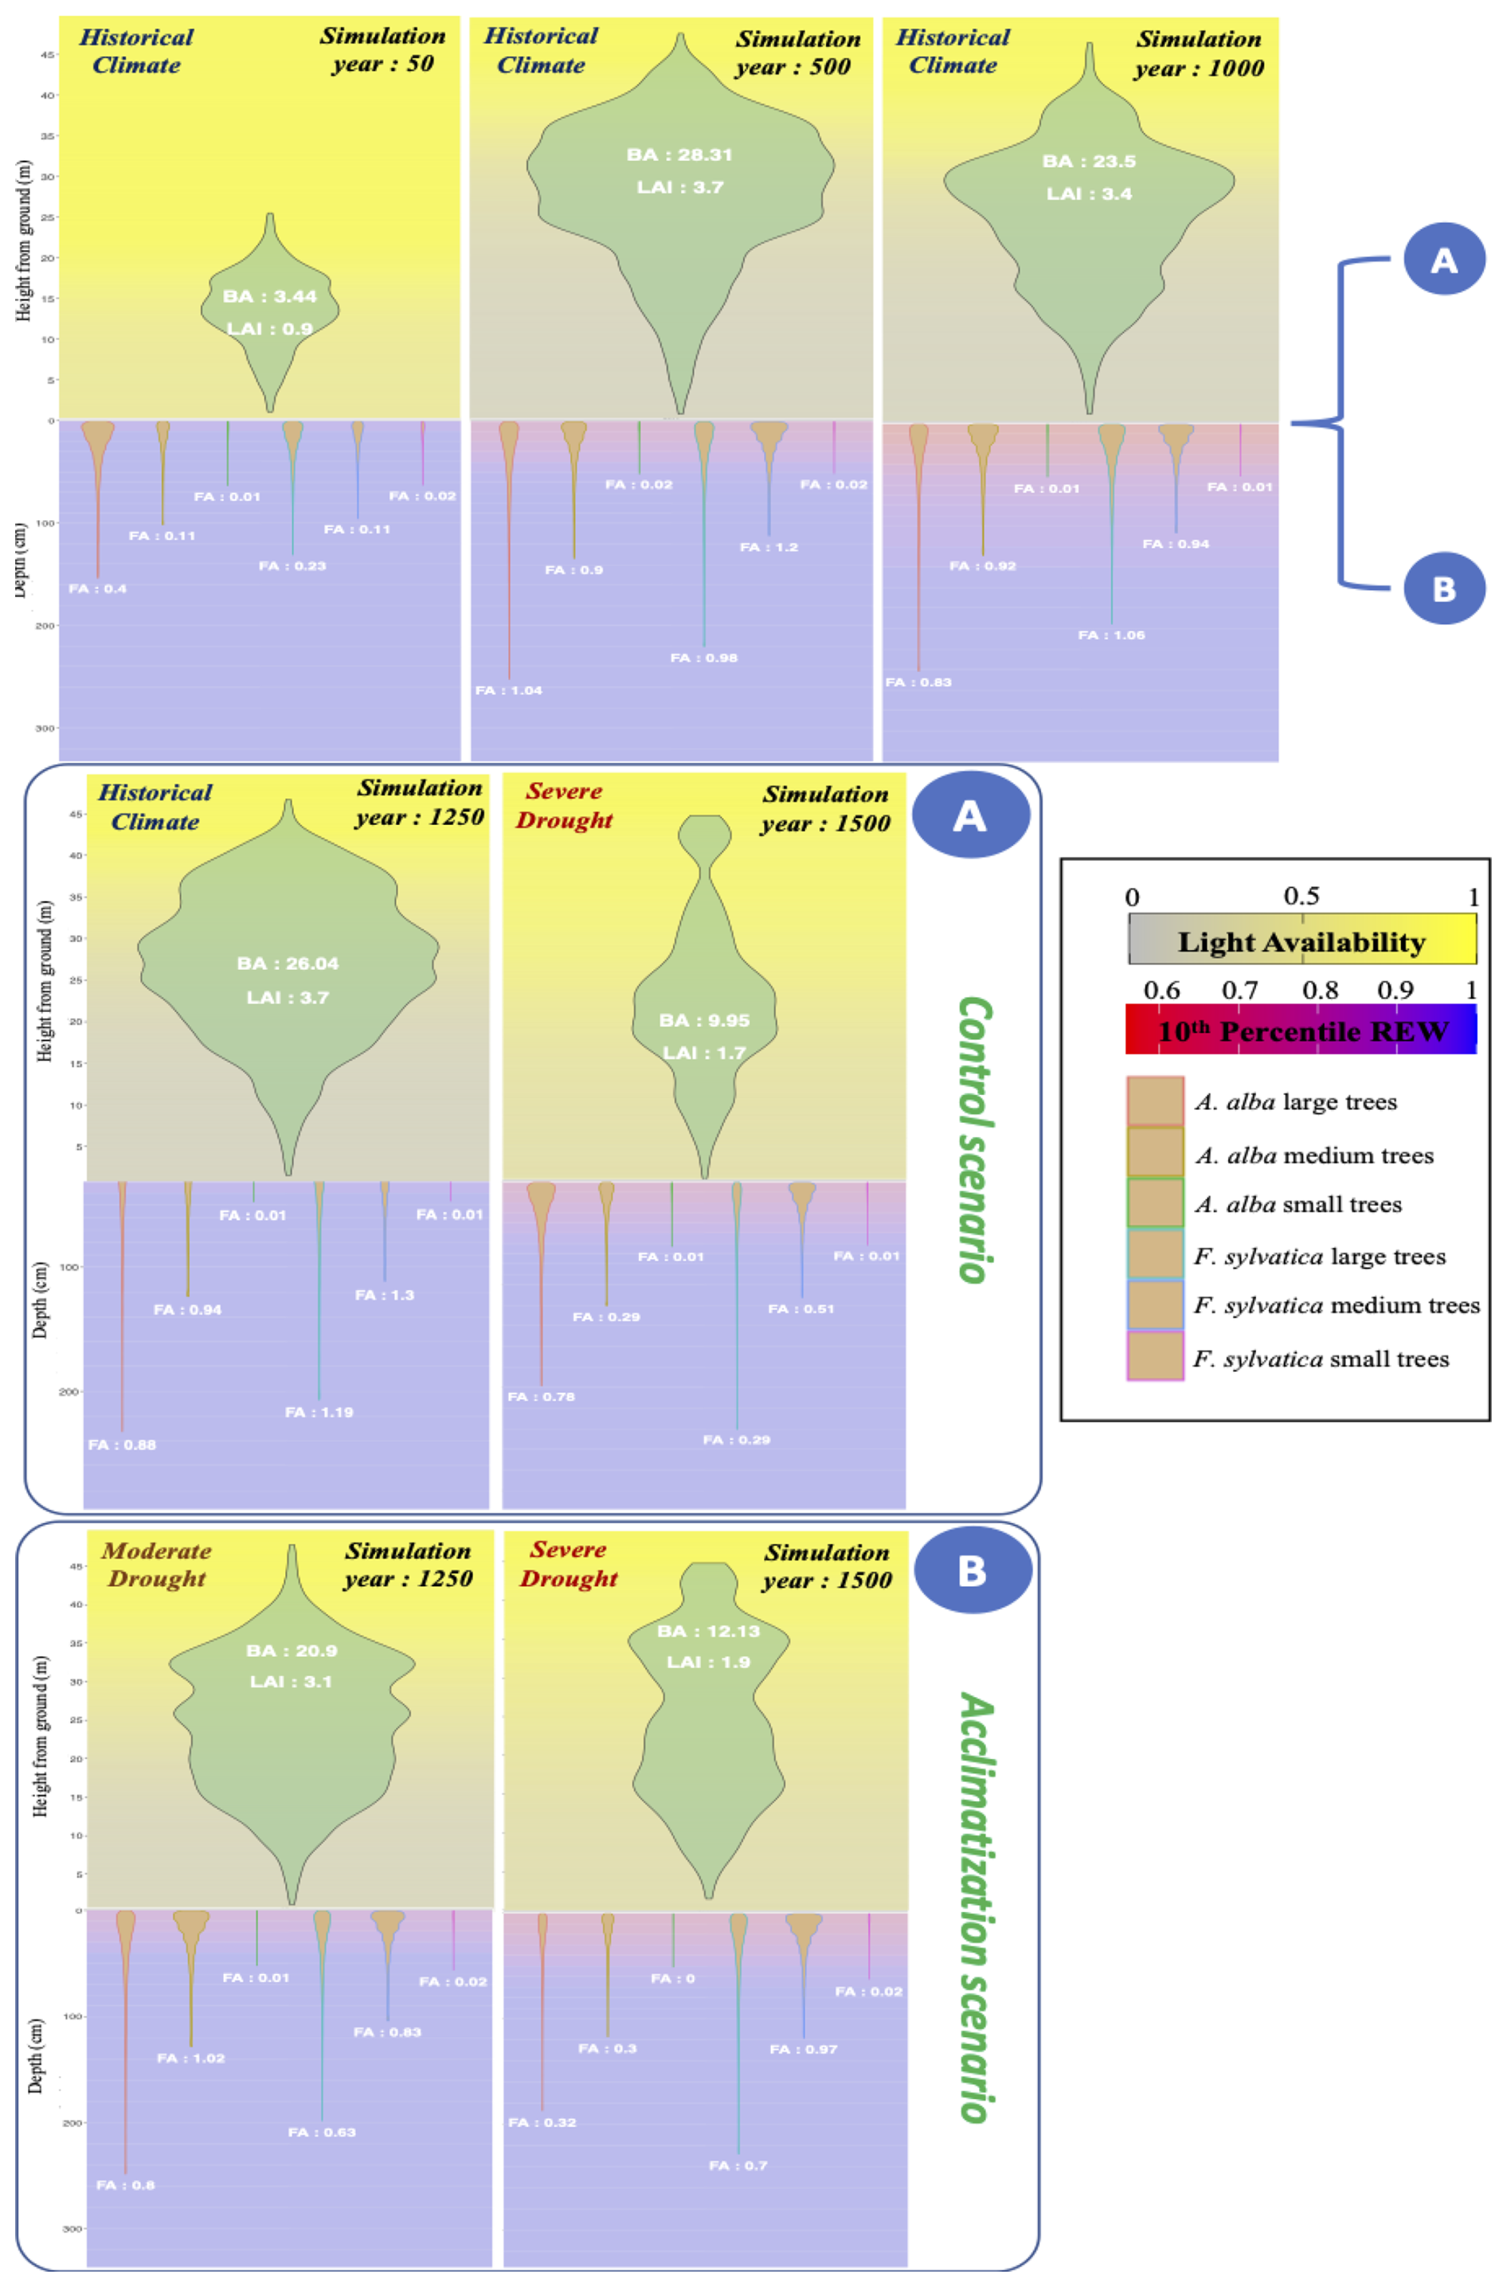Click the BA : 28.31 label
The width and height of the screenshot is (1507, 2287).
(679, 154)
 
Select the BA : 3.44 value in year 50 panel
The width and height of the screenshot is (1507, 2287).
(269, 296)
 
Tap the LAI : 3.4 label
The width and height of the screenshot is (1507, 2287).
(1089, 194)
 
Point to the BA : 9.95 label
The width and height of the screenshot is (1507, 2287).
(704, 1021)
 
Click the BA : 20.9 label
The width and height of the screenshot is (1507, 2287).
(292, 1651)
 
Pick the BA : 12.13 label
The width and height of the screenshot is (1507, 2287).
(708, 1632)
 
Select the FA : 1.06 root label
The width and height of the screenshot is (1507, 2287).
(1111, 635)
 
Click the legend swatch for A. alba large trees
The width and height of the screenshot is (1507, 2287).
(1155, 1101)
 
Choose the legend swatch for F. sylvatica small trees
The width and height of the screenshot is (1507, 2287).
(1155, 1357)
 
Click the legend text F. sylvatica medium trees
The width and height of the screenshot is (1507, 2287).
(1337, 1306)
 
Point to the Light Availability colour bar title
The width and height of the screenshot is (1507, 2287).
(1301, 943)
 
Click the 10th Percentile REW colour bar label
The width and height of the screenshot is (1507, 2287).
(1301, 1032)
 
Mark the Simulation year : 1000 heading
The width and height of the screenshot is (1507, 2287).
(1199, 54)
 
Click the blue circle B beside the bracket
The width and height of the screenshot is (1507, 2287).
(1443, 588)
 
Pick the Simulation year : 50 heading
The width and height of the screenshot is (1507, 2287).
(382, 50)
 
